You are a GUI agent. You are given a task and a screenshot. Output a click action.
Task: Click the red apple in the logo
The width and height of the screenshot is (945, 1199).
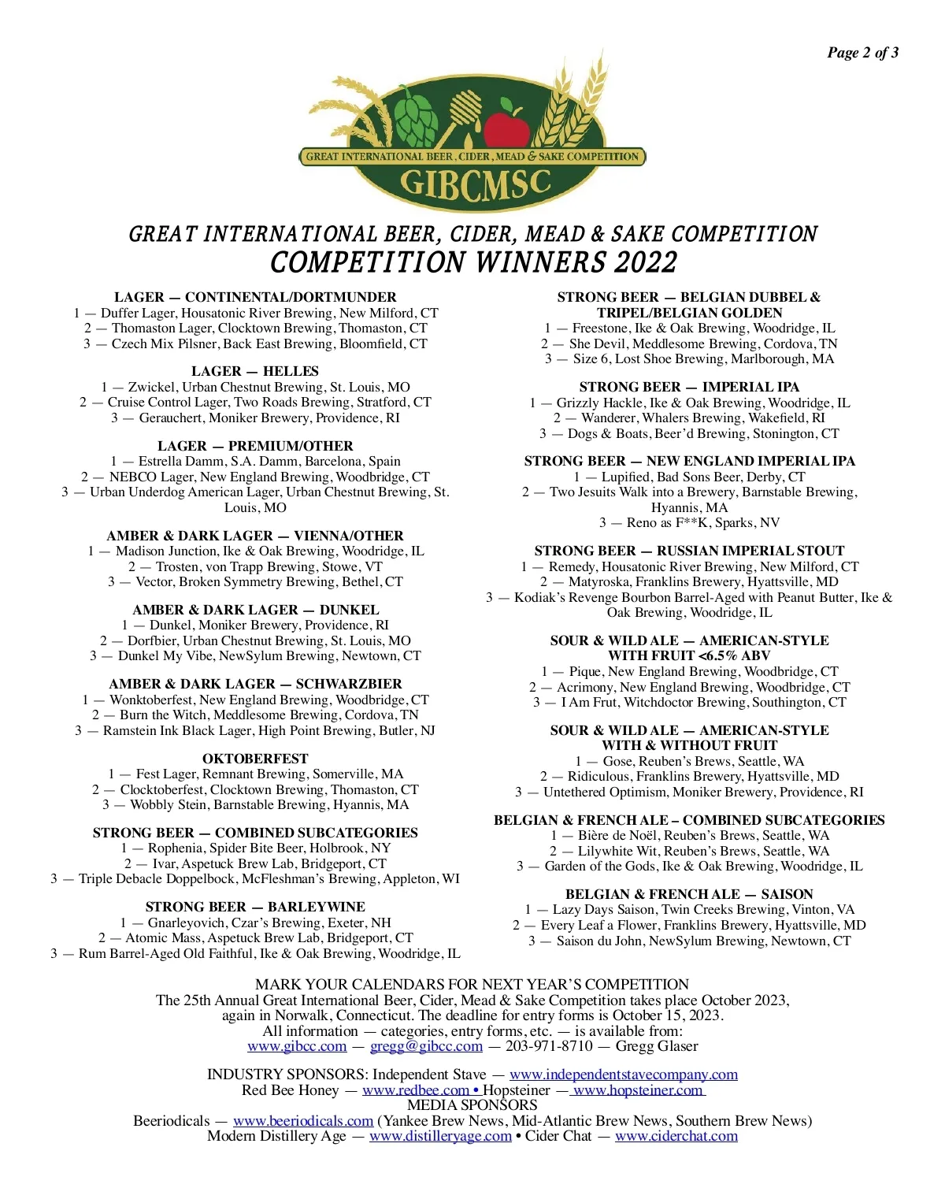[x=506, y=126]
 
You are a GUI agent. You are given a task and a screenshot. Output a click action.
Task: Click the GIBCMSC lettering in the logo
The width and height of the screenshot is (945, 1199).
[x=474, y=183]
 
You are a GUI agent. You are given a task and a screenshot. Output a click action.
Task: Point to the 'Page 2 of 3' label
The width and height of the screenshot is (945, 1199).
[x=862, y=53]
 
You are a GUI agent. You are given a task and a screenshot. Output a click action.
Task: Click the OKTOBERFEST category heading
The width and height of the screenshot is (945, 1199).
[x=255, y=759]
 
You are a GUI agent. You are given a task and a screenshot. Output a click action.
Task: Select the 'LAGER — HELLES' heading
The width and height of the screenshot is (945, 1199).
[x=255, y=371]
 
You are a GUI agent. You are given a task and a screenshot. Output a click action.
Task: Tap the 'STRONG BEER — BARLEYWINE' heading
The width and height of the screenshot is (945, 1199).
[x=255, y=907]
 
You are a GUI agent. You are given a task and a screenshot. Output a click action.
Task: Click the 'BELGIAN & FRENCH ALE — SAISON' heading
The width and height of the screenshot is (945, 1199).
[x=689, y=894]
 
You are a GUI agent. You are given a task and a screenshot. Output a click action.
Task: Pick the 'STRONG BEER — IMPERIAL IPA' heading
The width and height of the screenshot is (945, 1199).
[x=689, y=387]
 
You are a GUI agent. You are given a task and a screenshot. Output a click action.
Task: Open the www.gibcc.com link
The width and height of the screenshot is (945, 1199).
[x=297, y=1046]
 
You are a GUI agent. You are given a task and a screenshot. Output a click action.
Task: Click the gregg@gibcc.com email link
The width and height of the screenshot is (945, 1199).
[x=426, y=1046]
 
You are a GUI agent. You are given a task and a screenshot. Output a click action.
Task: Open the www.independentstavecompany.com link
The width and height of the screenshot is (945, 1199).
[x=624, y=1075]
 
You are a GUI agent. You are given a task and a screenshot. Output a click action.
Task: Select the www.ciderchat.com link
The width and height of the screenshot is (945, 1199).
[x=676, y=1136]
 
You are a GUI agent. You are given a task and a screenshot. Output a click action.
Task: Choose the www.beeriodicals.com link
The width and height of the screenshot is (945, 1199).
[x=303, y=1121]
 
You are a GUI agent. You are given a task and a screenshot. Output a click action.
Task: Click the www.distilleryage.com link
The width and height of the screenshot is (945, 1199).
[x=440, y=1136]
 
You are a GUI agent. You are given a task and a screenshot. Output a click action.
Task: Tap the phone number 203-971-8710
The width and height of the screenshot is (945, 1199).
[x=549, y=1046]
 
